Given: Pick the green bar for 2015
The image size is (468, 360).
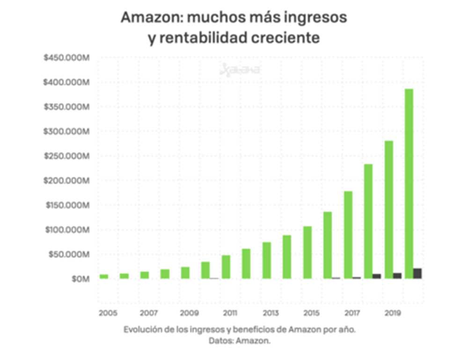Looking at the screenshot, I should point(307,252).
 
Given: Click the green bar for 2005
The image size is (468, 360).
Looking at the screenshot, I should point(104,277).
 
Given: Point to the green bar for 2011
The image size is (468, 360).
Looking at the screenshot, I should point(226,267).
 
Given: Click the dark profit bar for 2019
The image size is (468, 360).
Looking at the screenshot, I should point(397,275).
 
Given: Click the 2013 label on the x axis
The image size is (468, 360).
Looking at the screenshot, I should point(270,312).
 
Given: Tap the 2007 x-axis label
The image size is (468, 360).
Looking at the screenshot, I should point(148,312).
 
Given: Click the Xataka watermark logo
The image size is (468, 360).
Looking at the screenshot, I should point(240,71).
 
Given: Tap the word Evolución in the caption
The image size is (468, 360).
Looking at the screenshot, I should point(142,330).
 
